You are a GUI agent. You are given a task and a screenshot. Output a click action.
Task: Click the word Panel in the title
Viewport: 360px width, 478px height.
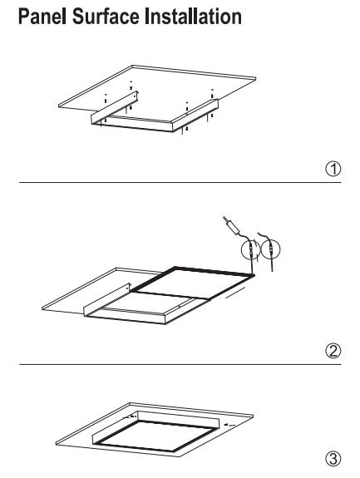[x=42, y=17]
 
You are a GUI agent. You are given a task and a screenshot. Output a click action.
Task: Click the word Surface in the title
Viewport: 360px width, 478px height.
[x=106, y=17]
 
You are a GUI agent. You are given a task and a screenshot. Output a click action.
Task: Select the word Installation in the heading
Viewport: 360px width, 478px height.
[x=193, y=17]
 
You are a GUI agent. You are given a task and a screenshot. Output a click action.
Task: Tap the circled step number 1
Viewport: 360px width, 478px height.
[x=333, y=169]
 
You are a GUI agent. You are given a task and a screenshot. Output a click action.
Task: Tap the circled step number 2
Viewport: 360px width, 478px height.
[x=333, y=351]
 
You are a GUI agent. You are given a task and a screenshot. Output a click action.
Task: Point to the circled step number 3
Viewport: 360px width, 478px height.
[x=333, y=459]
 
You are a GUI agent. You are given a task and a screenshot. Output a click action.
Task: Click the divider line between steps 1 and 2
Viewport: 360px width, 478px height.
[x=180, y=182]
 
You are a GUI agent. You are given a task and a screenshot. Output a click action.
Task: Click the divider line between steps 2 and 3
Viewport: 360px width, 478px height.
[x=180, y=364]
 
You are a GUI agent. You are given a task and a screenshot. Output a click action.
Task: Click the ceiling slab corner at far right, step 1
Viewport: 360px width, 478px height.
[x=255, y=78]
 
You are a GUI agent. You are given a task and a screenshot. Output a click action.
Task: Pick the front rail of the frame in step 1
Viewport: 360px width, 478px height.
[x=132, y=125]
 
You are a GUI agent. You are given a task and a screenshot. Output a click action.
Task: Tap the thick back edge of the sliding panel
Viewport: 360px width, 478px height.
[x=215, y=271]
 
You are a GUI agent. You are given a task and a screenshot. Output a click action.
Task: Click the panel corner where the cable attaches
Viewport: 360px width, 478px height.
[x=253, y=275]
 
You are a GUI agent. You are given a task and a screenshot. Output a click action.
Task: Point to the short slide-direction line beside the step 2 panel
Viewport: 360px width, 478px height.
[x=235, y=292]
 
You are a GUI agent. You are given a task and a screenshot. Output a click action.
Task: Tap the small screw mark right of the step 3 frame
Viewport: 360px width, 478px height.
[x=229, y=424]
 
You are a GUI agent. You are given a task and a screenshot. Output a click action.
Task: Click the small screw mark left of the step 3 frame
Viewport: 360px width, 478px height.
[x=129, y=416]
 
